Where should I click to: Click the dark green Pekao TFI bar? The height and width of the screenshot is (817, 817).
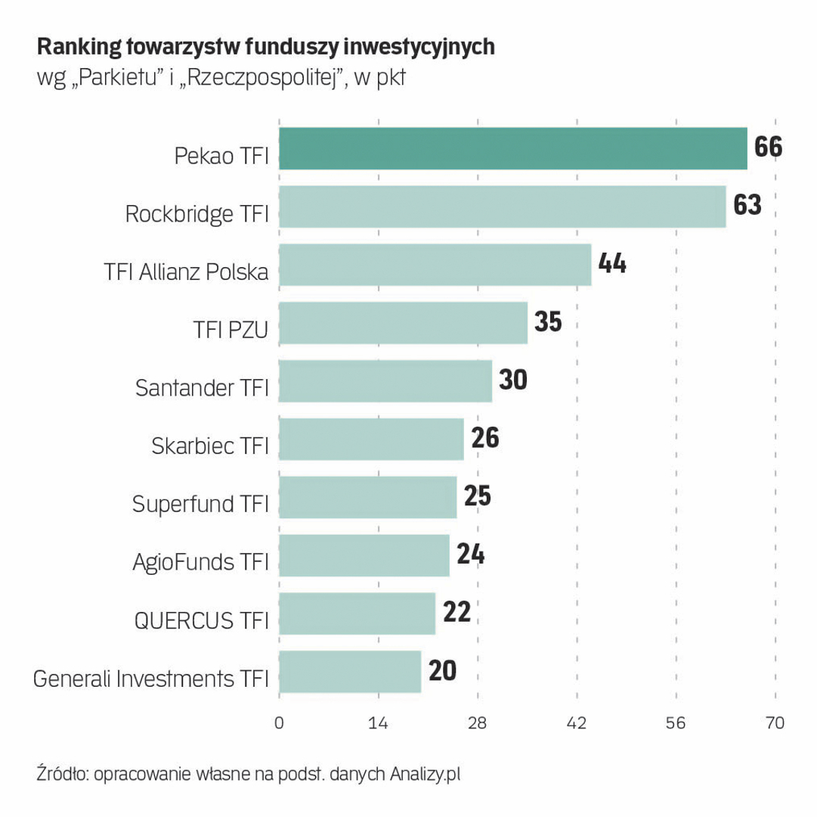(512, 148)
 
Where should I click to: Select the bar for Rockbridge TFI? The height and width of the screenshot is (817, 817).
(502, 207)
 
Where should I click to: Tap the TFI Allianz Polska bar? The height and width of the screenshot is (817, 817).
(435, 265)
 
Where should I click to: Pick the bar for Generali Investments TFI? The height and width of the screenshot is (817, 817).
(350, 671)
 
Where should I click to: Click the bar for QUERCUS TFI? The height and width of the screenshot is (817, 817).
(357, 614)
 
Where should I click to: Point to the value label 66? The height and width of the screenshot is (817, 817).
(767, 146)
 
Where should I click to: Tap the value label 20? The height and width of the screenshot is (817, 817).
(442, 669)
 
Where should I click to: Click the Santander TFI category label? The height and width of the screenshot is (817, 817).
(202, 388)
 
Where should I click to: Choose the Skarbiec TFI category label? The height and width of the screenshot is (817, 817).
(210, 446)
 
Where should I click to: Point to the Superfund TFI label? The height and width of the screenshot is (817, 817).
(200, 504)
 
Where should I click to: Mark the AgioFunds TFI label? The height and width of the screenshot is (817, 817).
(200, 562)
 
